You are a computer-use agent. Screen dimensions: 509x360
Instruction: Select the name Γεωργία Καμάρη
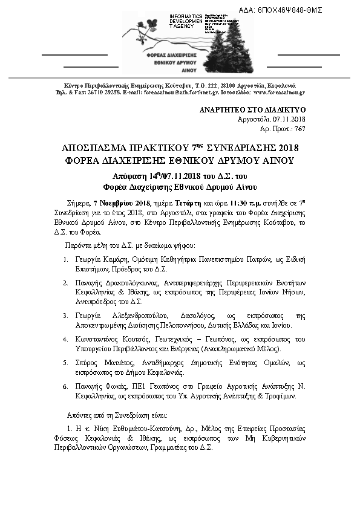coord(102,259)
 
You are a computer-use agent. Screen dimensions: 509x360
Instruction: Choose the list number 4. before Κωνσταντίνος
coord(65,339)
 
